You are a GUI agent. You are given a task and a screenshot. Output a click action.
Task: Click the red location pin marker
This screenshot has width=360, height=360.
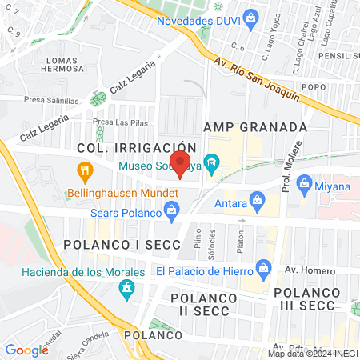pos(181,163)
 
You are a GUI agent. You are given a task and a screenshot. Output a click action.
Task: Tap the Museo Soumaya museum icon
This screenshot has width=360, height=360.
pos(212,166)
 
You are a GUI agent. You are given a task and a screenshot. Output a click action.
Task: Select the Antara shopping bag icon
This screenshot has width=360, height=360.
pos(257,198)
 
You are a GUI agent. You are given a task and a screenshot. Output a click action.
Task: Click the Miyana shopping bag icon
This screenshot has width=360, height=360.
pos(304,185)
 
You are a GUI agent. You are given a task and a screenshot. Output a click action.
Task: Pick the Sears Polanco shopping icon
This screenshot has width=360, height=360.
pos(171,211)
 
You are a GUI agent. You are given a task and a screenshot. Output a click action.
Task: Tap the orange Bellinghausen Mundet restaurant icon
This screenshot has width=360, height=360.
pos(82,170)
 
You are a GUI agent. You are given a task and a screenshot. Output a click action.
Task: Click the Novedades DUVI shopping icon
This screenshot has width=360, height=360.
pos(250,15)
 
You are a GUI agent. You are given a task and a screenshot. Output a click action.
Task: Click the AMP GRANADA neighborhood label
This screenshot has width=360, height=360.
pos(255,127)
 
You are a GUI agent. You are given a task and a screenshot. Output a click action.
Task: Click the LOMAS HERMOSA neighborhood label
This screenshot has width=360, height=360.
pos(73,65)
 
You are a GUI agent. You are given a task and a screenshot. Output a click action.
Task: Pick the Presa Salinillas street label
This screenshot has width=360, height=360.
pos(51,102)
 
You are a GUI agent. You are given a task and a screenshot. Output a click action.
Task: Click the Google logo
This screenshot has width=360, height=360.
pos(26,350)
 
